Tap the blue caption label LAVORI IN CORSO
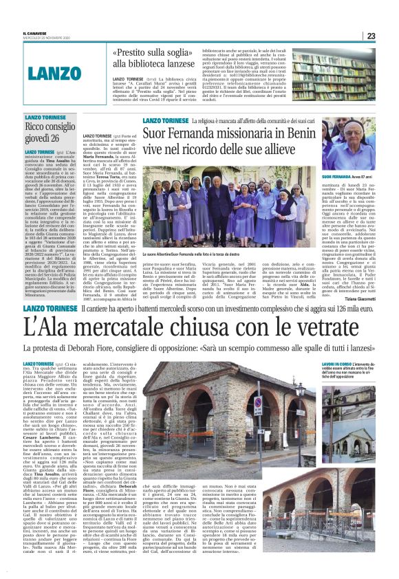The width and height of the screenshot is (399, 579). [336, 364]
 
